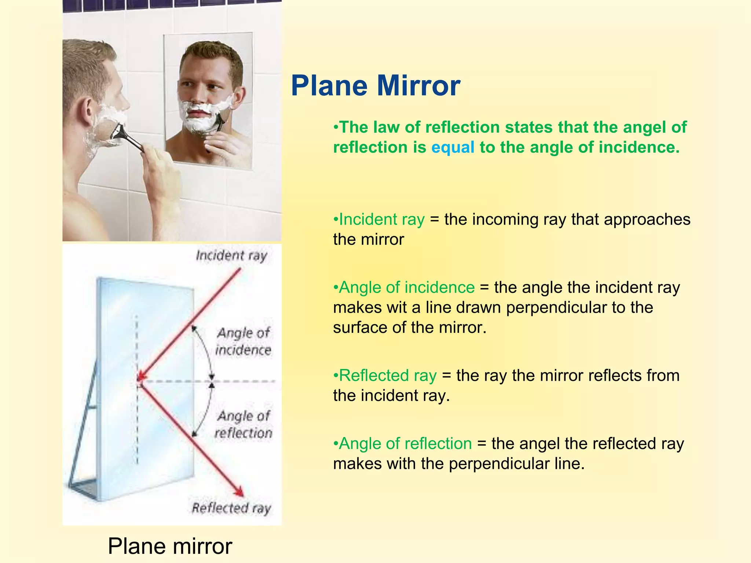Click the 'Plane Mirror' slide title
375,86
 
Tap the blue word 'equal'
453,147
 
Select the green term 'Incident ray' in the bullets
382,219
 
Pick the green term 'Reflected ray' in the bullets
388,375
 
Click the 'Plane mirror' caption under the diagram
170,546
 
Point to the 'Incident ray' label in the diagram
231,255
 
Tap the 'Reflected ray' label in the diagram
231,508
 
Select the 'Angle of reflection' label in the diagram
243,424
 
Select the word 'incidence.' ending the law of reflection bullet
639,147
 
